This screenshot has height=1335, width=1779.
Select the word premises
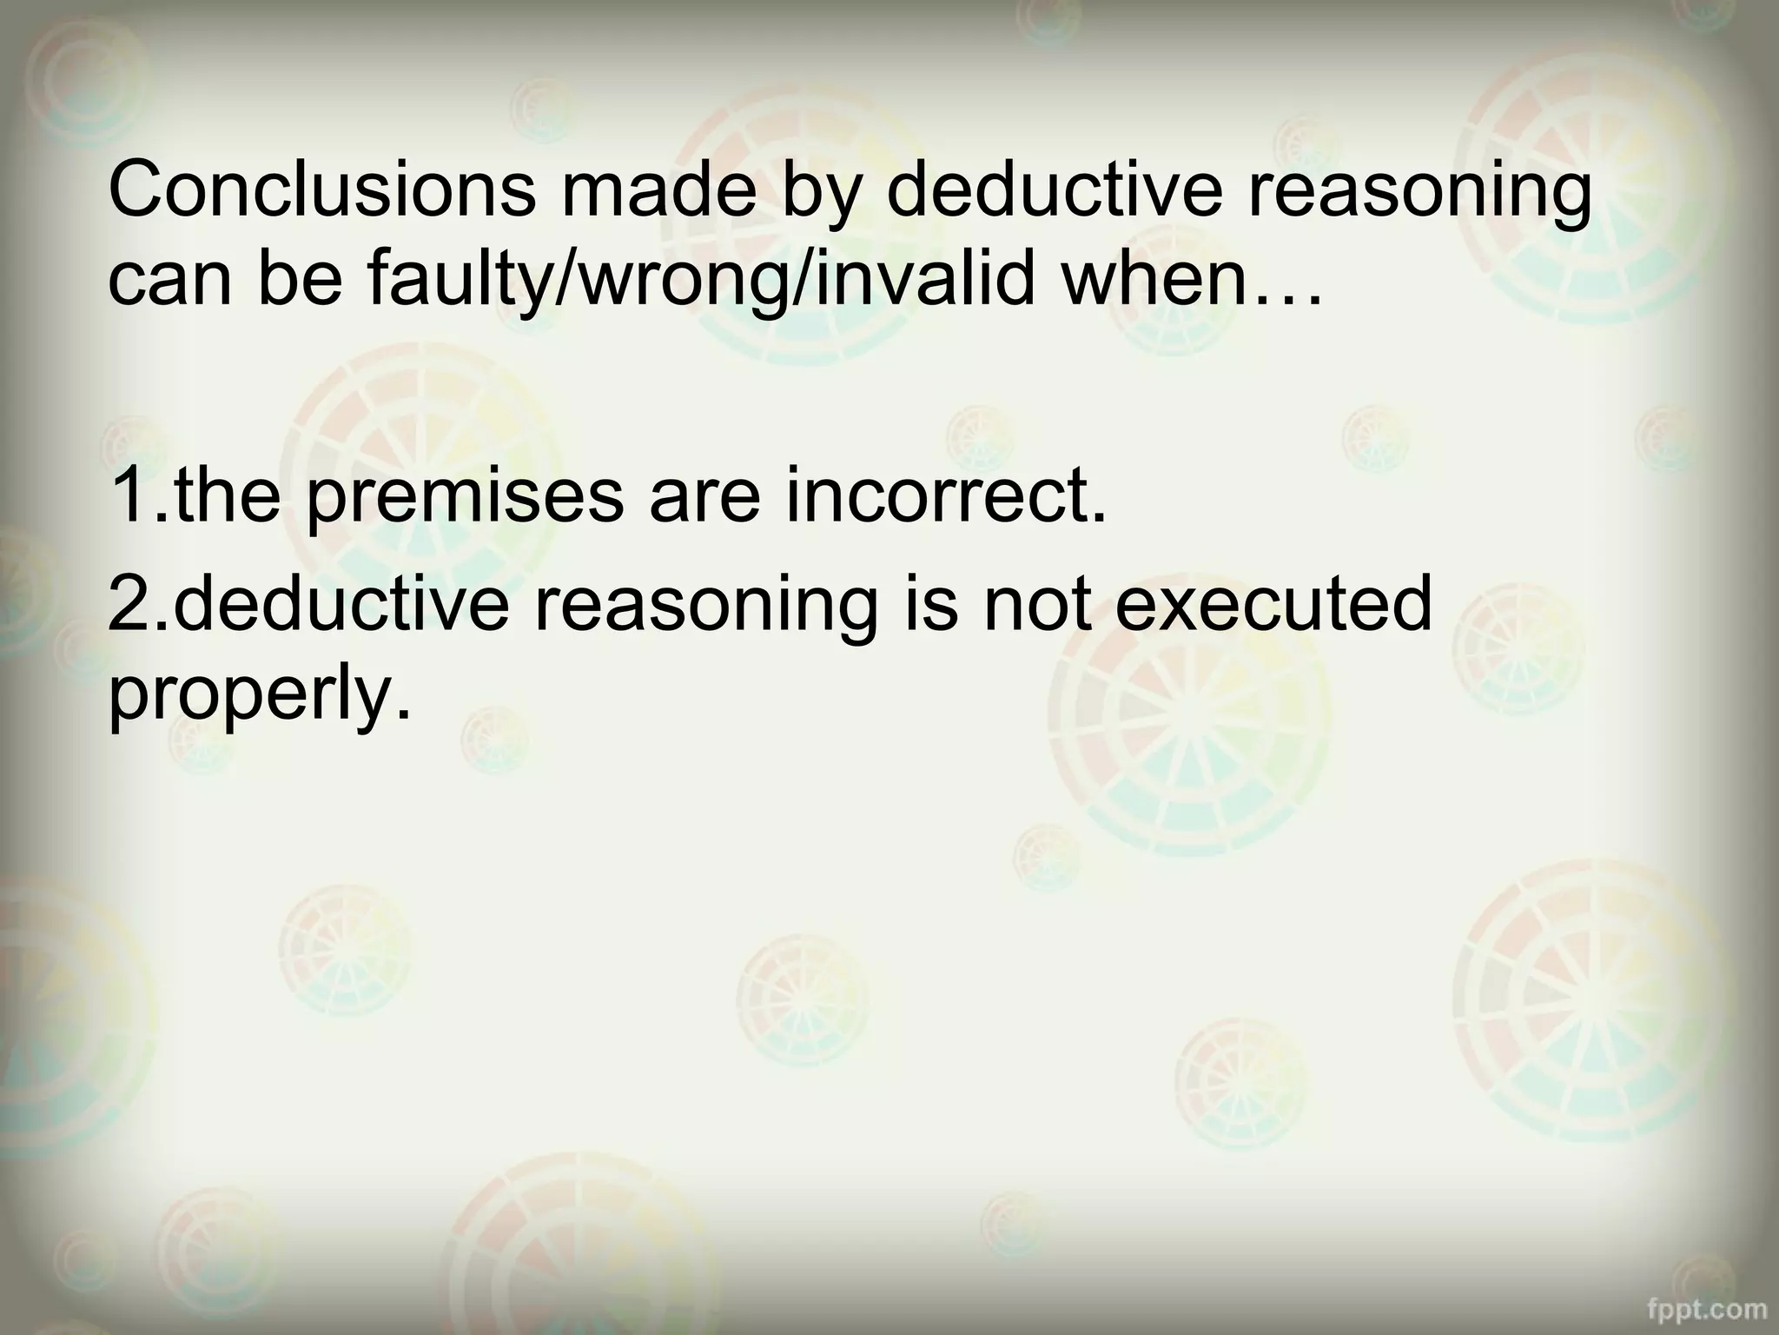(465, 497)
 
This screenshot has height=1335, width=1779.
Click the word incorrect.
(947, 497)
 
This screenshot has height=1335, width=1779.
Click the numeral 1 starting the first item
(130, 497)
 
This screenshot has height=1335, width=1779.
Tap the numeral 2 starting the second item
(130, 603)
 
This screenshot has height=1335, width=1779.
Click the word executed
(1273, 603)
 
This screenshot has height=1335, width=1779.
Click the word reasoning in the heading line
(1419, 191)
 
